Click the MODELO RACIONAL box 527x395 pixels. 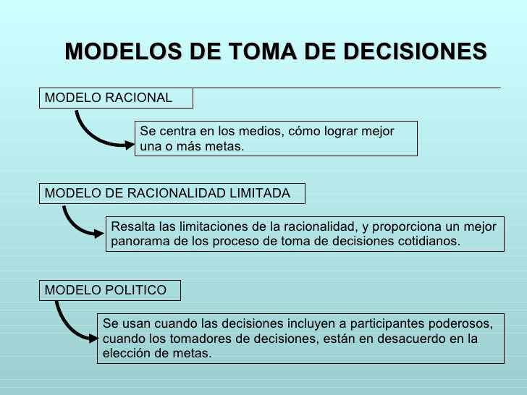(x=116, y=98)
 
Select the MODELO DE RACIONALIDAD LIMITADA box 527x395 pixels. (x=172, y=193)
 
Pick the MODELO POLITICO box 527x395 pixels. (x=109, y=290)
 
